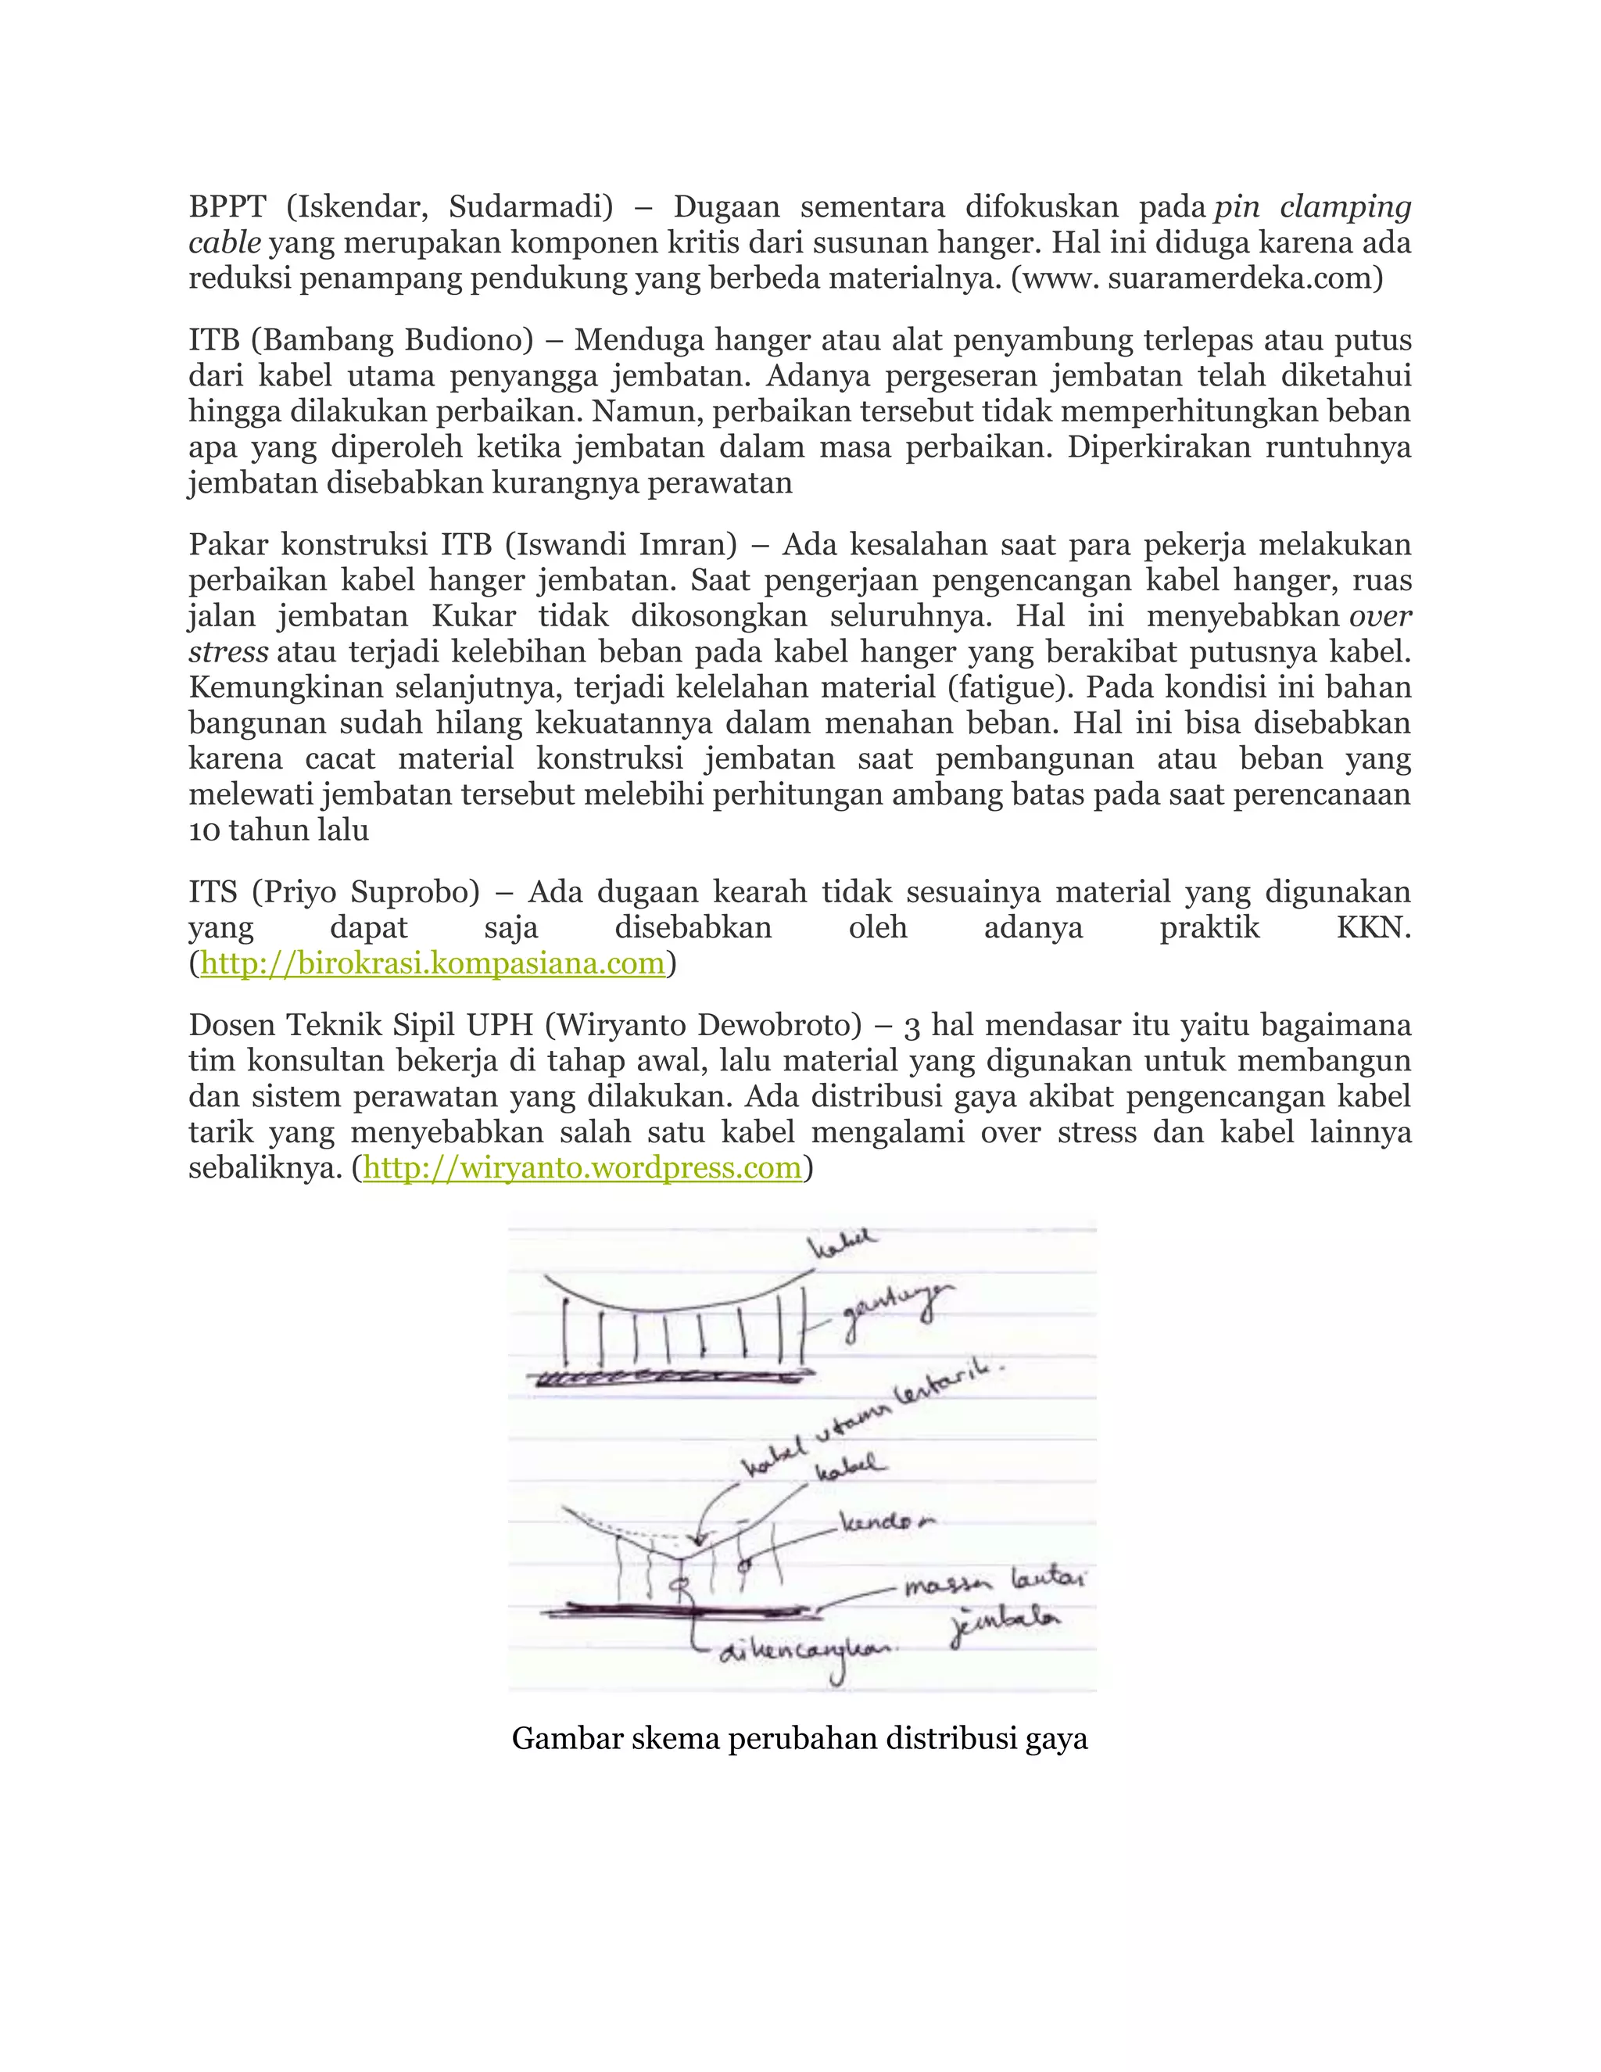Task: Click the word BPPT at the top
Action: [227, 207]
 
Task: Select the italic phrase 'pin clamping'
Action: [1313, 207]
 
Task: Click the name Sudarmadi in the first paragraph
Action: [530, 207]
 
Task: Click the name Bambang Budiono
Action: [392, 339]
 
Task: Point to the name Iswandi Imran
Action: [621, 544]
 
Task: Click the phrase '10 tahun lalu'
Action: [279, 830]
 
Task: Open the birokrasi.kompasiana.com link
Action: [432, 964]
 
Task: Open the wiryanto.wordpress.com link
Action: [582, 1168]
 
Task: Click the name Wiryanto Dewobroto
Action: [704, 1026]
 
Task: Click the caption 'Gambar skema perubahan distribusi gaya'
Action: [800, 1738]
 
